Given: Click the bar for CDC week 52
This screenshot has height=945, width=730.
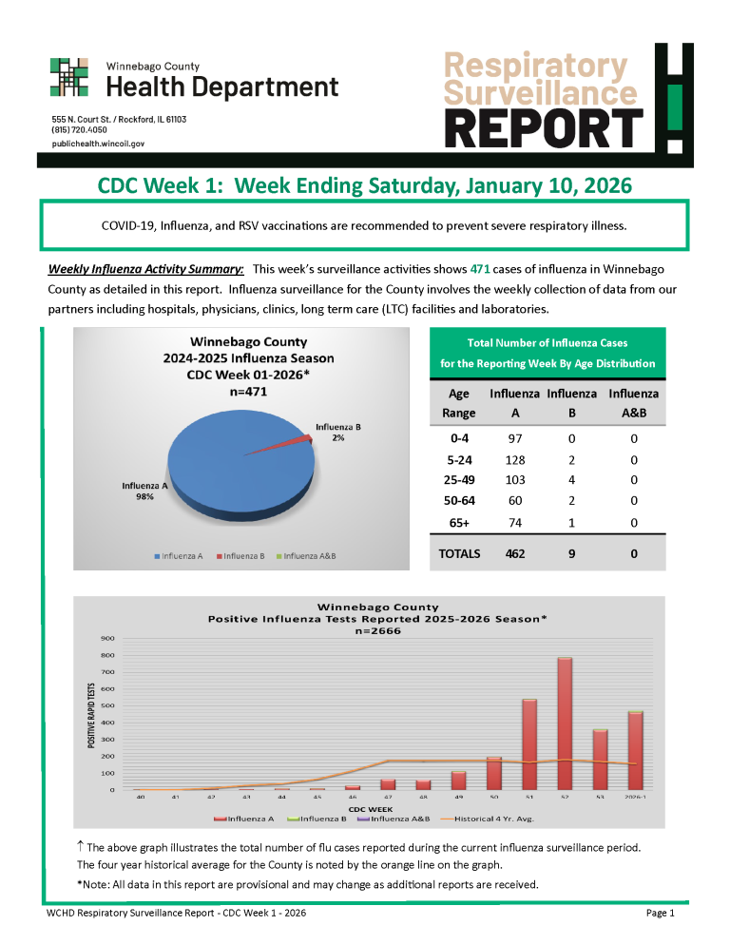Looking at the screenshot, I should click(x=565, y=723).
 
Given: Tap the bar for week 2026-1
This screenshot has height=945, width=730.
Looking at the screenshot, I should click(x=635, y=750).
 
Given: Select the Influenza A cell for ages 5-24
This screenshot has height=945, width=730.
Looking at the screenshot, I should click(x=514, y=460).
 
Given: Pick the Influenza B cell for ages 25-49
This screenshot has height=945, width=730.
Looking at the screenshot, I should click(x=571, y=480).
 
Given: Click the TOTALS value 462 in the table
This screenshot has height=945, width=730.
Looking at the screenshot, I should click(x=514, y=552).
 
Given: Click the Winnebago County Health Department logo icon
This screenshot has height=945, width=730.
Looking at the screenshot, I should click(x=69, y=78).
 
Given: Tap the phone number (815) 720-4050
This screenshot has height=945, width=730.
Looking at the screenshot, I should click(x=79, y=130).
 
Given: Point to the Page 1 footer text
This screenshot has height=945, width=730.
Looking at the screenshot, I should click(x=660, y=914).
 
